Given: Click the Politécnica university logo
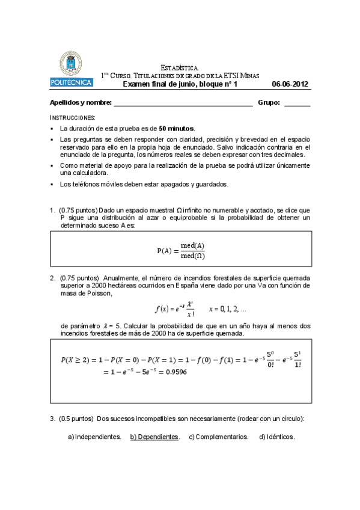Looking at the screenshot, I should click(x=71, y=69).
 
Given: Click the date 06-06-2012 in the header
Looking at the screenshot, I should click(x=290, y=84).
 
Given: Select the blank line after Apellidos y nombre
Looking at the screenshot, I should click(x=183, y=103).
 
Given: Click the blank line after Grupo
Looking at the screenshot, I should click(x=297, y=103).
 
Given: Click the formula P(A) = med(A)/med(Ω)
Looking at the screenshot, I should click(x=180, y=250).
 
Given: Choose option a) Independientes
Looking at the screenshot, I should click(x=95, y=437).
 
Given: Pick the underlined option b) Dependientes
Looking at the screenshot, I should click(x=154, y=437).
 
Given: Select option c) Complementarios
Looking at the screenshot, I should click(x=219, y=437).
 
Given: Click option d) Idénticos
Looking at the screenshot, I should click(x=276, y=437).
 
